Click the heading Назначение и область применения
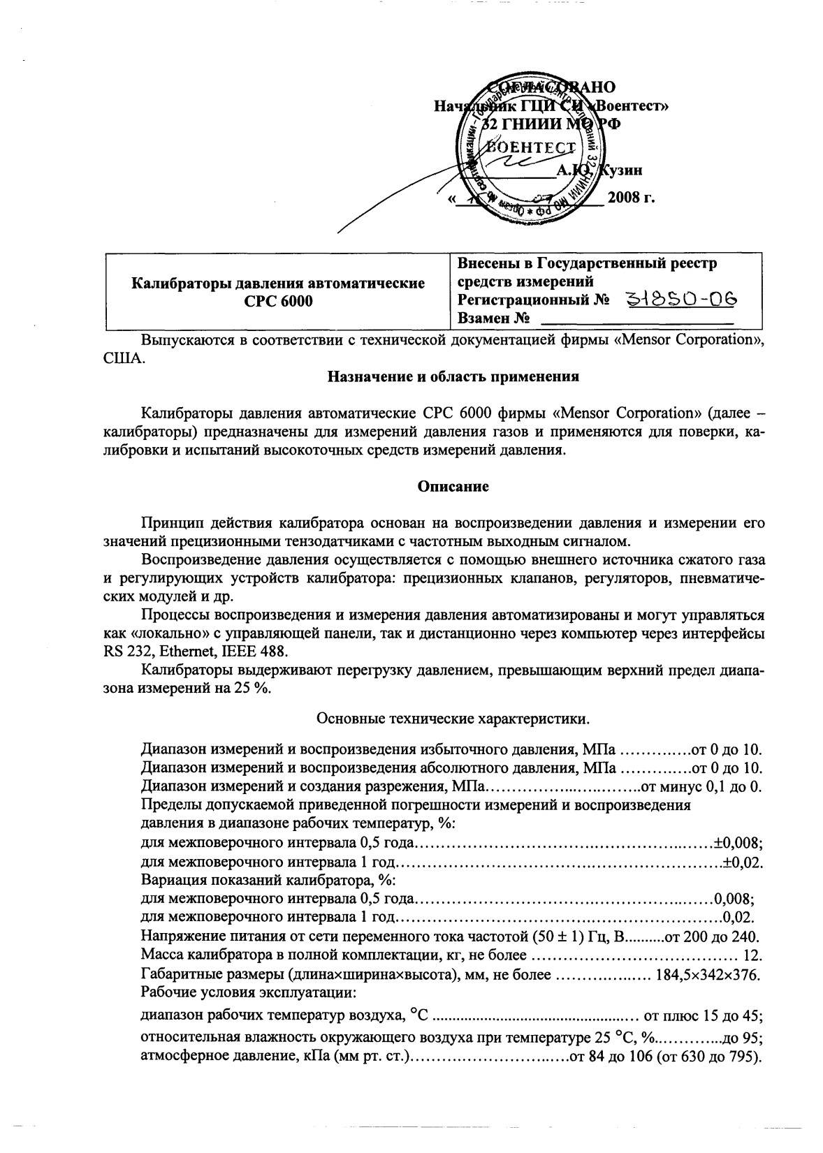pos(453,377)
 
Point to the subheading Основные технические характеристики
pos(453,718)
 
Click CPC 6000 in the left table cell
pos(278,302)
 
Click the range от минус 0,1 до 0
pos(701,787)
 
